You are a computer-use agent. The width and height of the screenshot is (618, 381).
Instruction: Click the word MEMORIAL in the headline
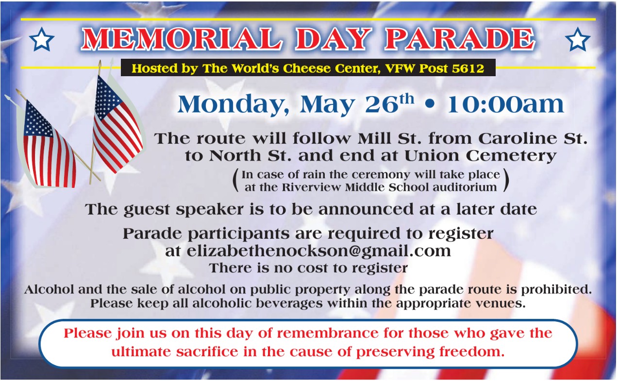(182, 39)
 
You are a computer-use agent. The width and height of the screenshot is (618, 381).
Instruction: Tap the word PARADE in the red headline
(460, 39)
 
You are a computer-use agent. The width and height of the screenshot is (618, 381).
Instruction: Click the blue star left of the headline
(41, 39)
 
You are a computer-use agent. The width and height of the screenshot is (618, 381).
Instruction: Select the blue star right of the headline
(578, 39)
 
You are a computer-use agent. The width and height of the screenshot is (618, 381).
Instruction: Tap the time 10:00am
(505, 105)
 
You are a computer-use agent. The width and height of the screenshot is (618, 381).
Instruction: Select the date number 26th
(389, 104)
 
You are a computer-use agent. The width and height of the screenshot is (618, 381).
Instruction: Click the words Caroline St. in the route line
(533, 138)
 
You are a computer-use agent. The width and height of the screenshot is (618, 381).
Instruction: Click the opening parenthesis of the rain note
(235, 181)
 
